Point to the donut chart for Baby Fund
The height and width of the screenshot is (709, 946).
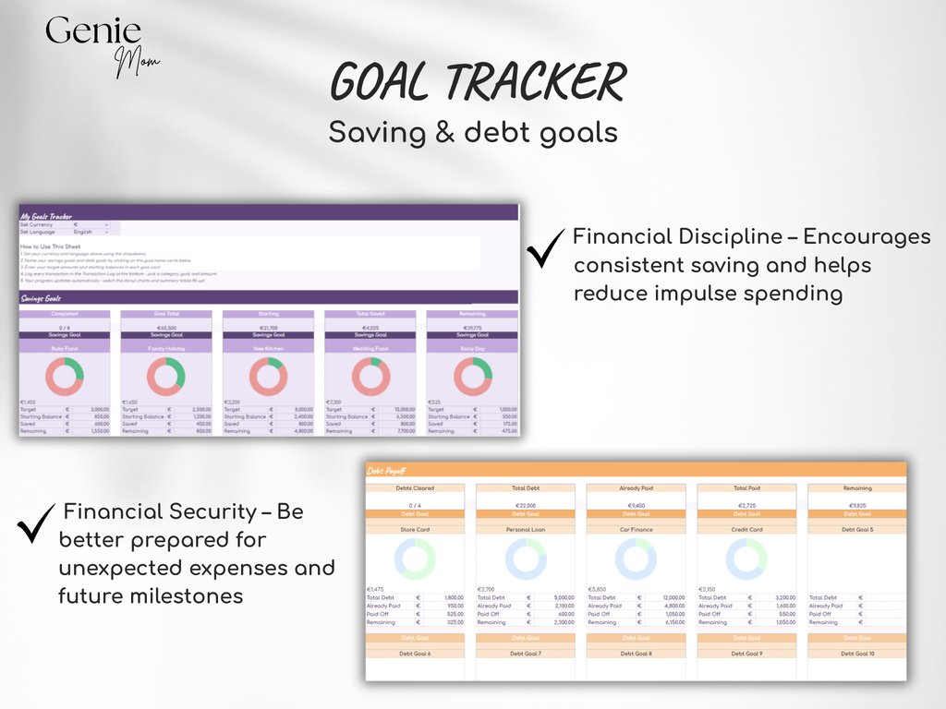(x=64, y=377)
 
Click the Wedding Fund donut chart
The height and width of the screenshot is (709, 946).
(x=370, y=377)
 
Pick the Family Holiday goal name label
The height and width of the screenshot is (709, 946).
(x=165, y=349)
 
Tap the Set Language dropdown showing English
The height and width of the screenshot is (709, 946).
(x=91, y=232)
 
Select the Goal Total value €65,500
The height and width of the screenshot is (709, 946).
(x=165, y=328)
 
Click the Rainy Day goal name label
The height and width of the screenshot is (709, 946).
(x=472, y=349)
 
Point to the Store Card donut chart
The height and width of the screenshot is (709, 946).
(x=414, y=559)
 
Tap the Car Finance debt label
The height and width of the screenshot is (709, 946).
(x=636, y=530)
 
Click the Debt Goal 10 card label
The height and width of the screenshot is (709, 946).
(x=856, y=653)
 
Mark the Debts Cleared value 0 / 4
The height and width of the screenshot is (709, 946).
(x=414, y=505)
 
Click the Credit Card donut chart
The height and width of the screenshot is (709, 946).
(x=746, y=559)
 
